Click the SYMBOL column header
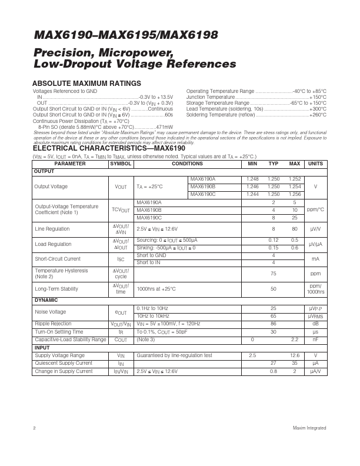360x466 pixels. coord(121,164)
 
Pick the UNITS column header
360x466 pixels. coord(315,164)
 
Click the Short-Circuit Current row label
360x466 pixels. coord(58,258)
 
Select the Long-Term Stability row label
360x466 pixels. coord(56,289)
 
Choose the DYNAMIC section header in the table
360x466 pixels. coord(46,300)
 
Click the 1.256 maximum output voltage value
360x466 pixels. coord(295,194)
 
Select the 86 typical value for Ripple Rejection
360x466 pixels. coord(273,324)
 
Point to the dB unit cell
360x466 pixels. coord(315,324)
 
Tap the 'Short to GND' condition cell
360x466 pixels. coord(151,255)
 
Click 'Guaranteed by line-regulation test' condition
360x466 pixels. coord(174,355)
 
